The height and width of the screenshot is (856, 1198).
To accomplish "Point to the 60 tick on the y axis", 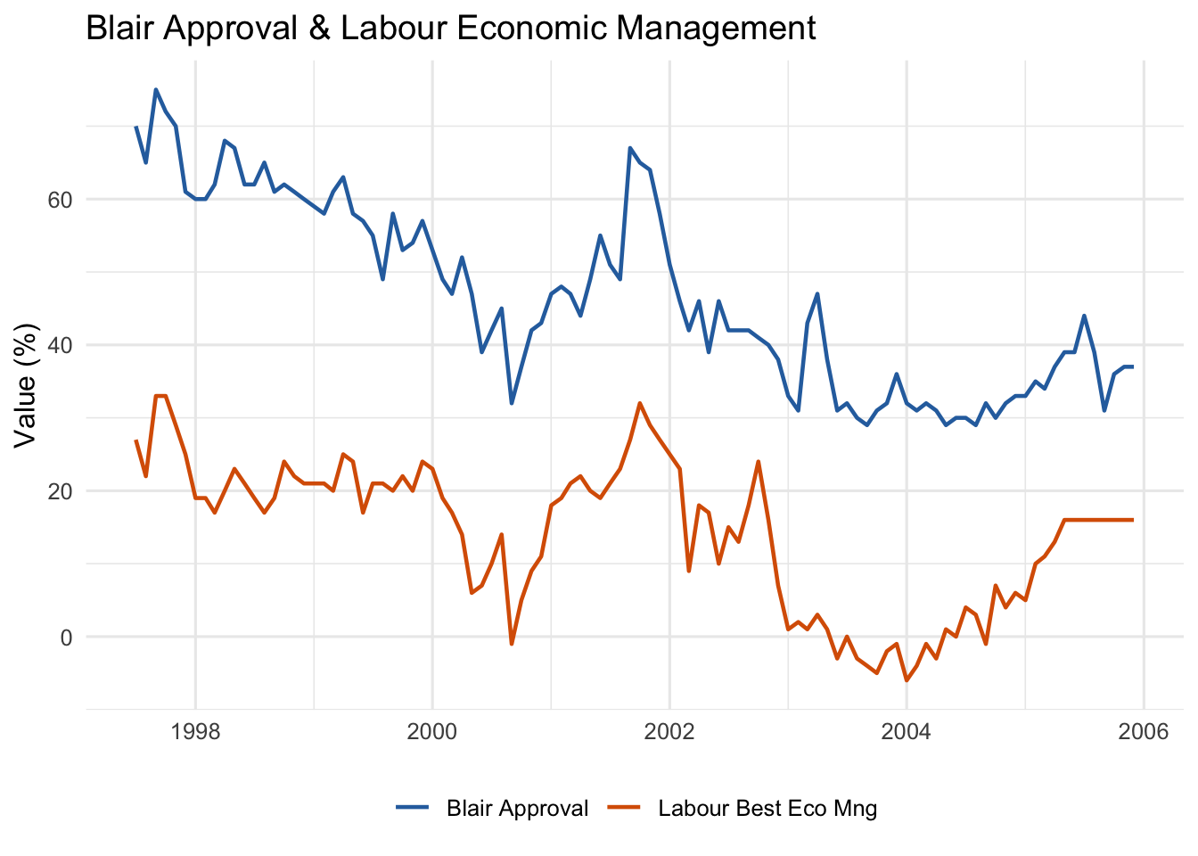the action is coord(60,200).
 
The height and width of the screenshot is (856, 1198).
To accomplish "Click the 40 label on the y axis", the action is coord(60,346).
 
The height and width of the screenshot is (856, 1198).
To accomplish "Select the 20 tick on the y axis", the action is coord(60,491).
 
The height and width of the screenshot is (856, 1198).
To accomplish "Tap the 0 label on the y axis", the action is coord(66,638).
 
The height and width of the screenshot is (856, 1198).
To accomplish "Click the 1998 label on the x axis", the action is coord(195,731).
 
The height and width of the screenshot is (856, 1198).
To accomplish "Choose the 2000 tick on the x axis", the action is coord(432,731).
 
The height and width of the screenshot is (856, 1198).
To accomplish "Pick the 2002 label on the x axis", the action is coord(669,731).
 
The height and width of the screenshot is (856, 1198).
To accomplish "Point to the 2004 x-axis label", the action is coord(906,731).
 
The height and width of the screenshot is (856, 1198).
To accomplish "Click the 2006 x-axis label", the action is coord(1144,731).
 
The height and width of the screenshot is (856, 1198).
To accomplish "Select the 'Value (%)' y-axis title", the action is coord(25,386).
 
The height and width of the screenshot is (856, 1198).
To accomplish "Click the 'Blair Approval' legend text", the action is coord(517,809).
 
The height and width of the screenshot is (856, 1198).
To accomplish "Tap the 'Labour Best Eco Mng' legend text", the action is coord(767,809).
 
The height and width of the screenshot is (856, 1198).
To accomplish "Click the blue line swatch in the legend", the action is coord(413,807).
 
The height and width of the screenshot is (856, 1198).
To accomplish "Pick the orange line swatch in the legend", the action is coord(624,807).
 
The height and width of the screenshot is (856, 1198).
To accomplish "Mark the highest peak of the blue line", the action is coord(156,89).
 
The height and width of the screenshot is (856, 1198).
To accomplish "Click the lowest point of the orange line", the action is coord(907,680).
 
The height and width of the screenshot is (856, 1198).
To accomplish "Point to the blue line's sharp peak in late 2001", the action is coord(630,148).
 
